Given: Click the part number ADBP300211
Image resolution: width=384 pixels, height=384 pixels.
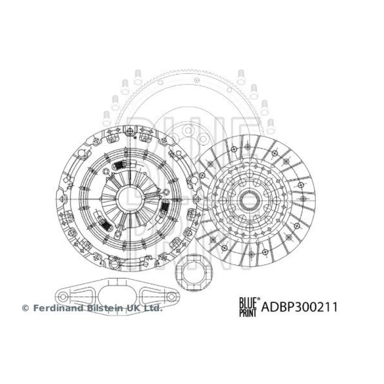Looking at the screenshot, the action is pyautogui.click(x=299, y=307).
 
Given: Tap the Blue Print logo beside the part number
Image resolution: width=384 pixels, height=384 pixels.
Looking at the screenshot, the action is pyautogui.click(x=249, y=307).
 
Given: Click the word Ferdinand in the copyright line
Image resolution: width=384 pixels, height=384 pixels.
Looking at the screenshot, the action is pyautogui.click(x=58, y=308).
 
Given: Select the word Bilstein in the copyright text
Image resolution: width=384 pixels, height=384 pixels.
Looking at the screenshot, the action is pyautogui.click(x=105, y=308).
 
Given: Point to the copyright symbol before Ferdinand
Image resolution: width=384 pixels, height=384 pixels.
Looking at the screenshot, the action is pyautogui.click(x=25, y=308).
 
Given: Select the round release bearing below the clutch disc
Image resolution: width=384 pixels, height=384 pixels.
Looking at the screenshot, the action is pyautogui.click(x=194, y=274).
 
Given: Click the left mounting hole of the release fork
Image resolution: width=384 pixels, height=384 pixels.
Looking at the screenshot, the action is pyautogui.click(x=63, y=297).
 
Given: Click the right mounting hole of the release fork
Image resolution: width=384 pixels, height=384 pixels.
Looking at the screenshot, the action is pyautogui.click(x=170, y=297).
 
